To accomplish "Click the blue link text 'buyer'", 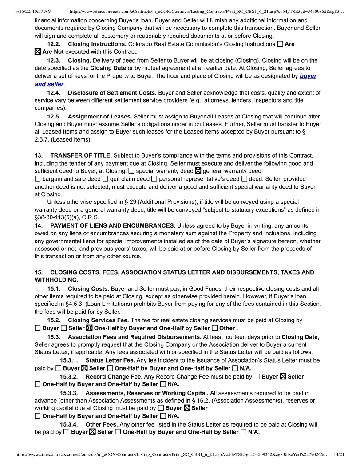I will point(308,76).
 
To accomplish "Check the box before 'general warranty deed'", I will point(198,171).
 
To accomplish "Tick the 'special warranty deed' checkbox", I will point(131,171).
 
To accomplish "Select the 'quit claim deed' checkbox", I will point(105,179).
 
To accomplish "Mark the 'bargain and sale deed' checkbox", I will point(37,179).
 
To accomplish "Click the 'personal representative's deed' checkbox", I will point(154,179).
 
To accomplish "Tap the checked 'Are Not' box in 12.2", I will point(37,52).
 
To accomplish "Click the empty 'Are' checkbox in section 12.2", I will point(280,44).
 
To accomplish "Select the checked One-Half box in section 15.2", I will point(89,328).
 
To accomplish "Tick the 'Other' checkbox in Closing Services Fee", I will point(215,328).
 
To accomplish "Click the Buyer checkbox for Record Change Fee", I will point(257,377).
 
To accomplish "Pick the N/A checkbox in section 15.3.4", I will point(243,432).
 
